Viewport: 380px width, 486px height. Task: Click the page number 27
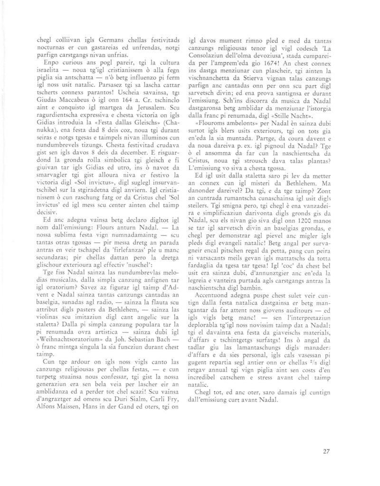pos(326,451)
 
